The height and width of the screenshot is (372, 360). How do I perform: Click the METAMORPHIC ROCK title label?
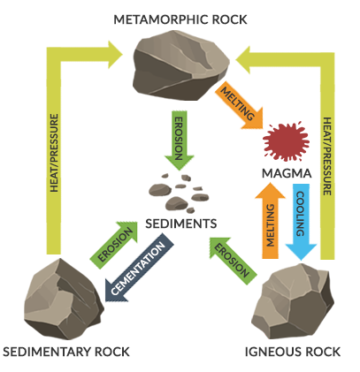click(179, 19)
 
